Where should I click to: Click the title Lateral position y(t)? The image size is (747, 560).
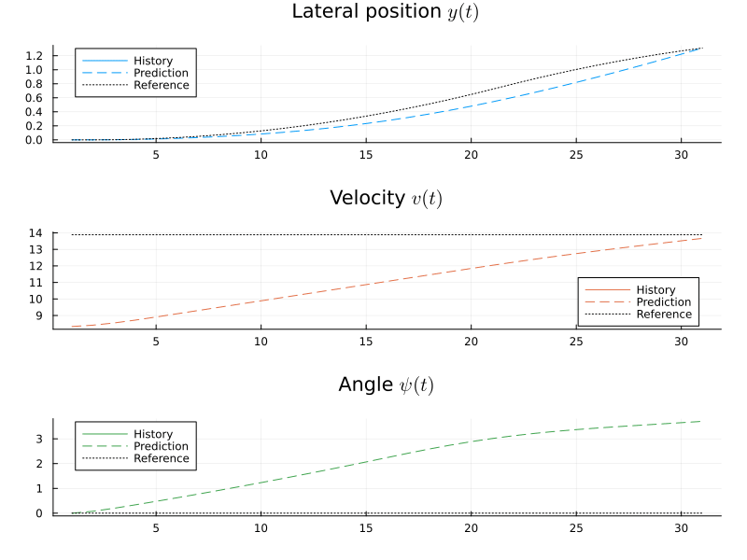click(x=386, y=12)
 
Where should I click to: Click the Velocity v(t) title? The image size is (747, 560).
click(x=386, y=198)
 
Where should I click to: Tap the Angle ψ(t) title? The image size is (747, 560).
click(x=386, y=385)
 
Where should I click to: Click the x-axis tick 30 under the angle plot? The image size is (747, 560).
click(x=682, y=528)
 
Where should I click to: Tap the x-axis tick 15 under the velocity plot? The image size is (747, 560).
click(x=366, y=343)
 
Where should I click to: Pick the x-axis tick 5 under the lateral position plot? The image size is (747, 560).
click(x=156, y=155)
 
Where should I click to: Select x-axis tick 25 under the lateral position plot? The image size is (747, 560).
click(x=576, y=155)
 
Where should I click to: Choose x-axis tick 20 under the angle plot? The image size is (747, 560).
click(x=472, y=528)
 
